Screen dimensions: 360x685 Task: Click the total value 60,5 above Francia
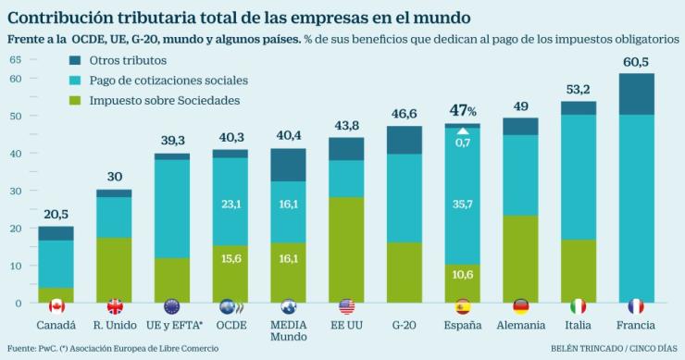click(635, 62)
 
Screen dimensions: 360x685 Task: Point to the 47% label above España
click(462, 111)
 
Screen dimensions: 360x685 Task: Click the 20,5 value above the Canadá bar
click(56, 215)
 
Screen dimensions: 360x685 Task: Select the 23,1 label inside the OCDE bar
click(230, 203)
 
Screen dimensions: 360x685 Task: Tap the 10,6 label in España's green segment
click(462, 274)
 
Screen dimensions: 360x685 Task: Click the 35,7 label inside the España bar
click(462, 204)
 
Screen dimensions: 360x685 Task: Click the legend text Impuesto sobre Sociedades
click(166, 101)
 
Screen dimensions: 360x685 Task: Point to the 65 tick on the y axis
click(15, 59)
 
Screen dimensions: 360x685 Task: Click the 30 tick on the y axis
click(15, 191)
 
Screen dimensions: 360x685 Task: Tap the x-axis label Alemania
click(520, 326)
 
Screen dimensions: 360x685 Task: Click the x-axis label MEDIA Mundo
click(288, 331)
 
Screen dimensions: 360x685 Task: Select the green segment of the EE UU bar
click(346, 250)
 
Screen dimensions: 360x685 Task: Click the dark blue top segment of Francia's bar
click(635, 93)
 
